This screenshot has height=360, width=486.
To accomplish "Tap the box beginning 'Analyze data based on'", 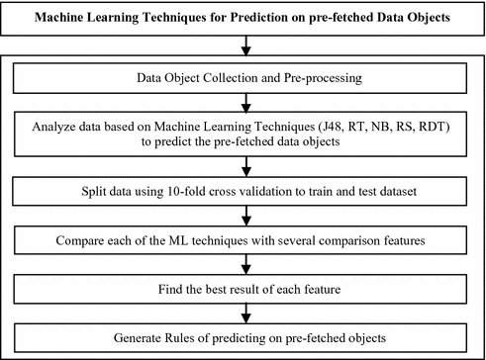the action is (x=243, y=134).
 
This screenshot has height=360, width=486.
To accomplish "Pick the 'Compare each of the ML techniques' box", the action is (x=243, y=238).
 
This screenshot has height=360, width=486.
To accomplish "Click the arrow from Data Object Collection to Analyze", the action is (x=243, y=103).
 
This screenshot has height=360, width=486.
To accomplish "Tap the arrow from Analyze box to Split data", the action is (x=243, y=166).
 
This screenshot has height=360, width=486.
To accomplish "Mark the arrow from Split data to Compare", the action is (x=243, y=216).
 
